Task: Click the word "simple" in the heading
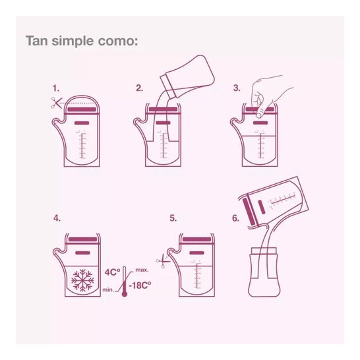pos(73,42)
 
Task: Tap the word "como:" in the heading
pos(118,41)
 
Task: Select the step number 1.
pos(56,88)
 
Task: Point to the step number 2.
pos(139,88)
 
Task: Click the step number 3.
pos(237,88)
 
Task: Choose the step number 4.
pos(57,218)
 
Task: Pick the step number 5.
pos(173,218)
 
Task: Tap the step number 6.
pos(235,218)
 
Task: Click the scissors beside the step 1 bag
pos(57,103)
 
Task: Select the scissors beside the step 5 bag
pos(162,261)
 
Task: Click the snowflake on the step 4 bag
pos(82,280)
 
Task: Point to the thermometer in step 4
pos(125,282)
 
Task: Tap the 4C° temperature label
pos(112,272)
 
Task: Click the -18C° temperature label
pos(140,285)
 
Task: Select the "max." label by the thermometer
pos(142,270)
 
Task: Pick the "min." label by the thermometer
pos(108,289)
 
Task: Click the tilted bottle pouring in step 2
pos(187,76)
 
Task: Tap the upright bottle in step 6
pos(264,272)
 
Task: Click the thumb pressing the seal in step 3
pos(261,112)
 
